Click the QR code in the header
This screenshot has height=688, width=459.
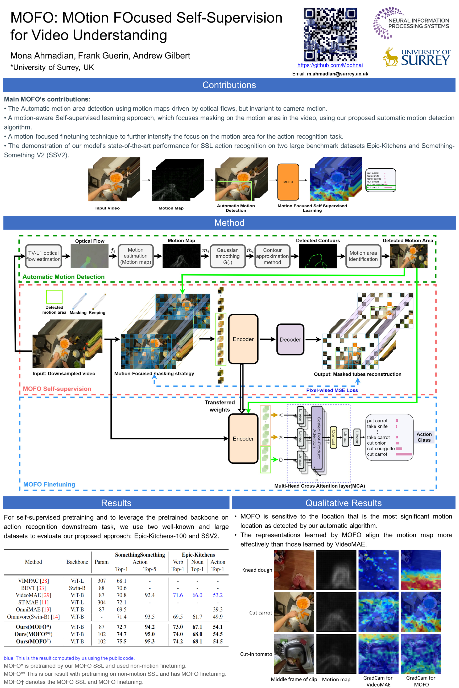[x=330, y=34]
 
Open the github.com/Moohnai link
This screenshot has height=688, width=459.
[x=330, y=65]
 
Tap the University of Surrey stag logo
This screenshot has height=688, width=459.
[x=390, y=57]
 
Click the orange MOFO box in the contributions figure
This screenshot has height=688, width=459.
[x=288, y=182]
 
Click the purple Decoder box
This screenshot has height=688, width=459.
[x=290, y=339]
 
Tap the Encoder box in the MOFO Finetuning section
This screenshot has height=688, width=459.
[x=243, y=439]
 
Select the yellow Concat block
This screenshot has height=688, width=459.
[x=333, y=437]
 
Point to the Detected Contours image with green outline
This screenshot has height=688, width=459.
[x=318, y=256]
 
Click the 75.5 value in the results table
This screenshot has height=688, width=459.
[x=121, y=641]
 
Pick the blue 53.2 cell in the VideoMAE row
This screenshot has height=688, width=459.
[x=218, y=595]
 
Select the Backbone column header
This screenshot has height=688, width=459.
[x=77, y=562]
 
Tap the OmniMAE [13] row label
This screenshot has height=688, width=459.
[x=33, y=609]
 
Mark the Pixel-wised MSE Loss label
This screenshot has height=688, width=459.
[x=332, y=390]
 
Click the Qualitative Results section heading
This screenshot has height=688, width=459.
[x=343, y=503]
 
